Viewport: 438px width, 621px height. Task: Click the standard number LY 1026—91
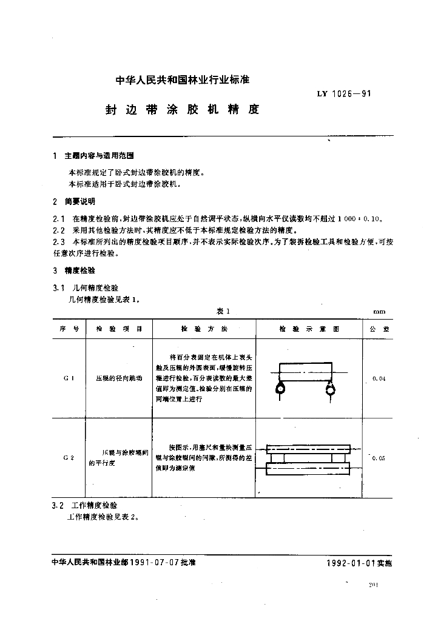point(343,94)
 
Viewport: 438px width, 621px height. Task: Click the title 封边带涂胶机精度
point(183,110)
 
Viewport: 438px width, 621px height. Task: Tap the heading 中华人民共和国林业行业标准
point(183,79)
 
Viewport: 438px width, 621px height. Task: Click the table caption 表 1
point(221,311)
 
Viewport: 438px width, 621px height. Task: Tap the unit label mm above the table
point(379,312)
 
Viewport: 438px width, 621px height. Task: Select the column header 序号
point(69,329)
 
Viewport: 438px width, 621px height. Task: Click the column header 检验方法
point(204,329)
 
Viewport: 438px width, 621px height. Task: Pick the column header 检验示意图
point(309,329)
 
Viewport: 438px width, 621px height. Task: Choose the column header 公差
point(377,329)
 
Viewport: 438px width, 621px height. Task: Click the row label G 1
point(69,378)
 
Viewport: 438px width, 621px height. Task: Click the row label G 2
point(69,458)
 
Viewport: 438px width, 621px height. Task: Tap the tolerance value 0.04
point(379,378)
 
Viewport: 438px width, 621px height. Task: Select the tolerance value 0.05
point(379,458)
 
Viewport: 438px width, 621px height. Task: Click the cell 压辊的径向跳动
point(120,378)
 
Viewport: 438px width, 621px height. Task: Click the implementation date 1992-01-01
point(351,563)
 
